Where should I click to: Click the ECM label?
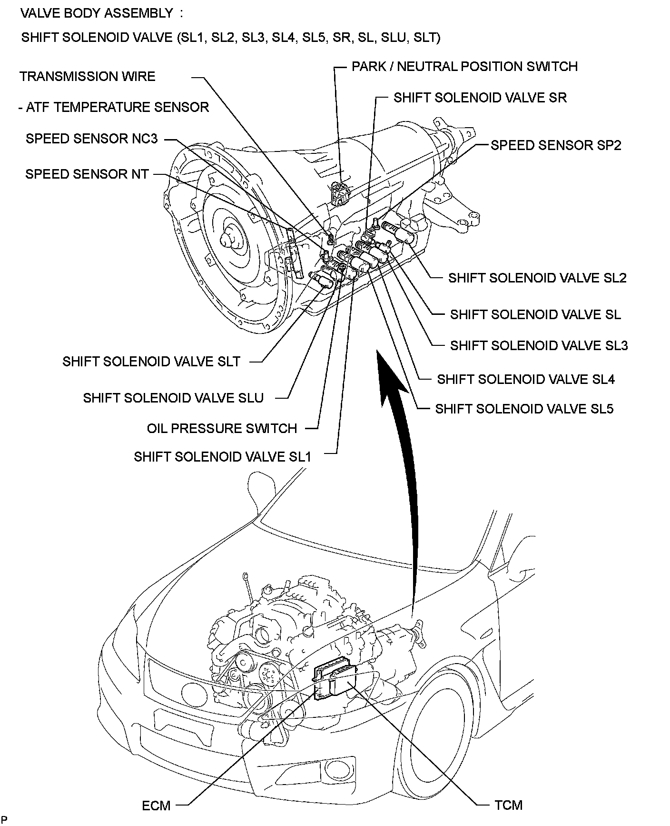[x=156, y=806]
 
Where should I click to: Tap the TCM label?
[x=508, y=806]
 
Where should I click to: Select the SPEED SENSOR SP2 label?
[x=556, y=145]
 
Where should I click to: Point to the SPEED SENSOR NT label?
[x=87, y=174]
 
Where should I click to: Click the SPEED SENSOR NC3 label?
[x=91, y=139]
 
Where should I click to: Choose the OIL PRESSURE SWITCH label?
[x=222, y=428]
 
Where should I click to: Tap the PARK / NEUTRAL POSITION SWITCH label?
[x=464, y=66]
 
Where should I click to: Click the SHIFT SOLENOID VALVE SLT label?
[x=151, y=362]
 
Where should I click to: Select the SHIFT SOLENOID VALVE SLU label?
[x=173, y=398]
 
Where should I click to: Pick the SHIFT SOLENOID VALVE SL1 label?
[x=222, y=457]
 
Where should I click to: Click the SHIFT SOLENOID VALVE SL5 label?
[x=524, y=409]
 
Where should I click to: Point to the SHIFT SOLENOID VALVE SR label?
[x=480, y=98]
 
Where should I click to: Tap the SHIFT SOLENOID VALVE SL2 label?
[x=537, y=278]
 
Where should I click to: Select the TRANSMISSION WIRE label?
[x=88, y=77]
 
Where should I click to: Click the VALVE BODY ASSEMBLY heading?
[x=97, y=13]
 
